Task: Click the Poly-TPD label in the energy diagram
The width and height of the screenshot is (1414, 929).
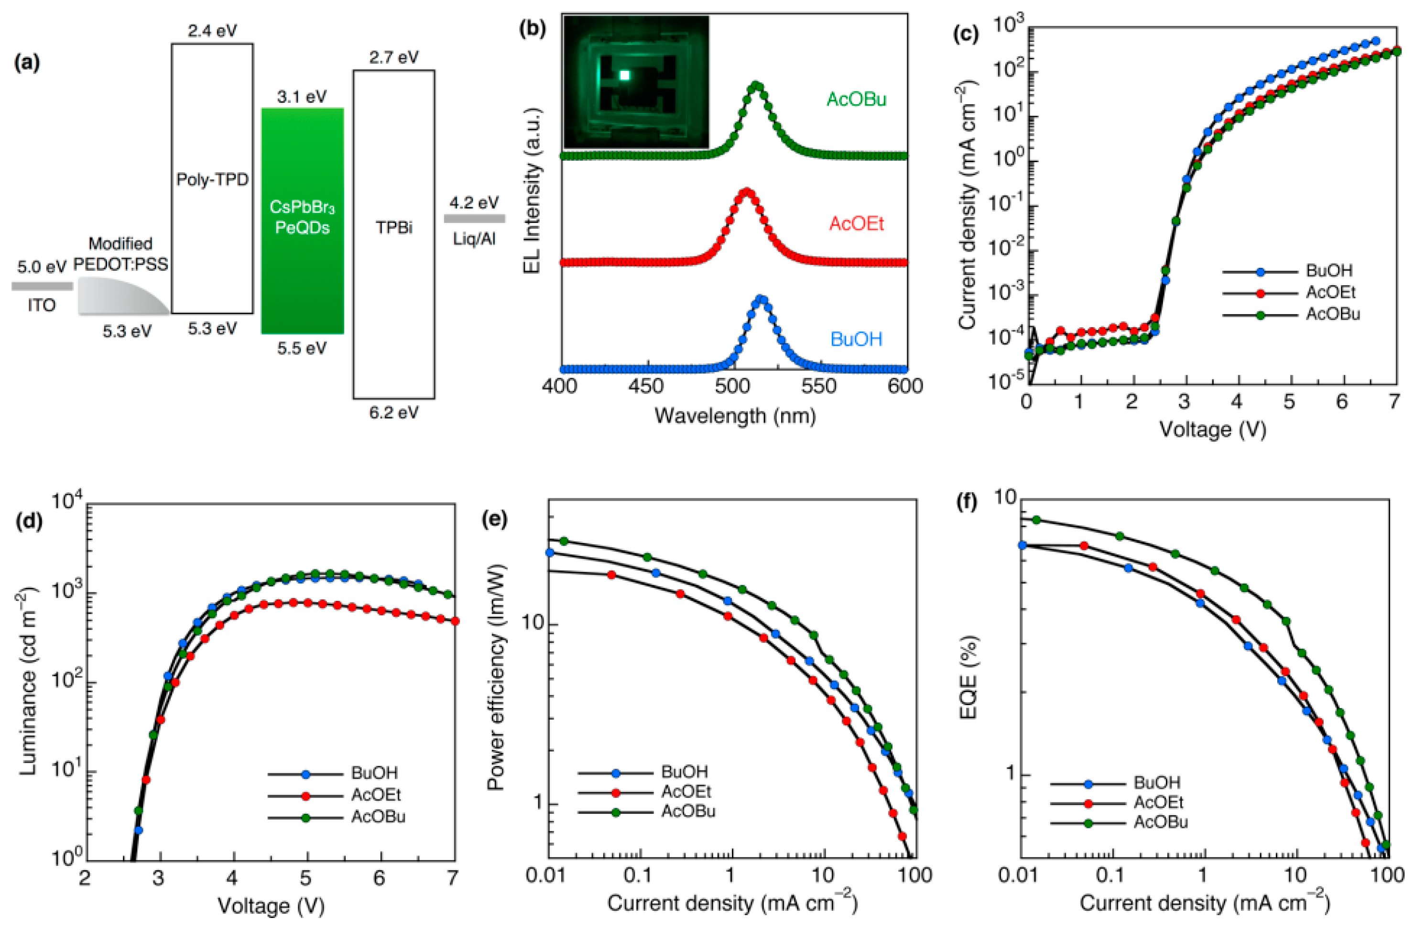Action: point(212,179)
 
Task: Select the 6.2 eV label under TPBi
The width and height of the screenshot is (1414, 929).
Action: point(394,412)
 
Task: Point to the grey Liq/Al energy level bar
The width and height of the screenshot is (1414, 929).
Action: point(475,219)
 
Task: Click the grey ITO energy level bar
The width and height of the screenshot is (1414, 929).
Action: point(42,287)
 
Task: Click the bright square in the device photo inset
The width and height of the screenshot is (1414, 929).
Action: point(624,76)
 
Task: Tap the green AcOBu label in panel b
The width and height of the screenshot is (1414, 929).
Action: point(856,99)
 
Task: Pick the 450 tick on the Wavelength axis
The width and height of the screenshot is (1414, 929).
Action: point(646,387)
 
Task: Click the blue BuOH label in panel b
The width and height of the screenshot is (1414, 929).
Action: point(856,339)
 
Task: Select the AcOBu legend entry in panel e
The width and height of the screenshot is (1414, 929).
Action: point(688,811)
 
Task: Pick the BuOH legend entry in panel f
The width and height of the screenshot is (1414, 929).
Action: point(1157,782)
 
